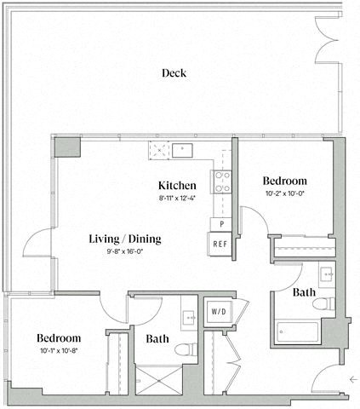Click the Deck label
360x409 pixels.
174,73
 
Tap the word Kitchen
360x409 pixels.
178,185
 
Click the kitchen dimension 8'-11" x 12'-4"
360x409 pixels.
178,198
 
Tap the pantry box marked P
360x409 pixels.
220,223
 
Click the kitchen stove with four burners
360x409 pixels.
222,180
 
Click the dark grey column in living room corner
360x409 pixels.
66,148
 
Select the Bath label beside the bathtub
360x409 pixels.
305,292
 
